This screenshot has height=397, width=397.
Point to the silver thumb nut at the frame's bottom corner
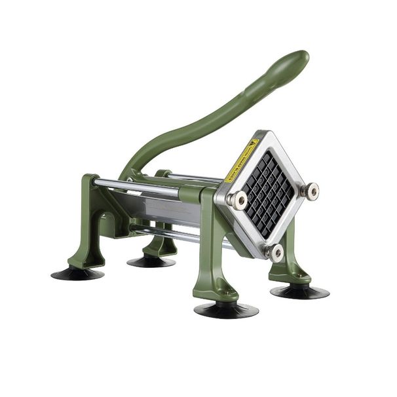coord(274,252)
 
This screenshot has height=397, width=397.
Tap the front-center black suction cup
coord(225,309)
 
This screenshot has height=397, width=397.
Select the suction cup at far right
coord(299,291)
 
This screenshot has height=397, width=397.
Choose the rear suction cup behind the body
coord(151,261)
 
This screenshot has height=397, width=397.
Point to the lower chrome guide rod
coord(177,234)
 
